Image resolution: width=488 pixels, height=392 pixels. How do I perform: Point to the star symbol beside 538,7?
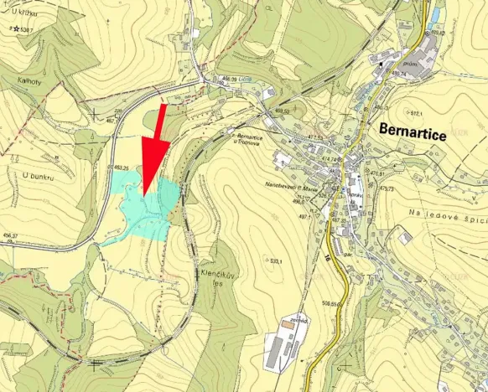17,29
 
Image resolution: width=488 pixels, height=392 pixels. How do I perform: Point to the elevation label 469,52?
282,111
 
